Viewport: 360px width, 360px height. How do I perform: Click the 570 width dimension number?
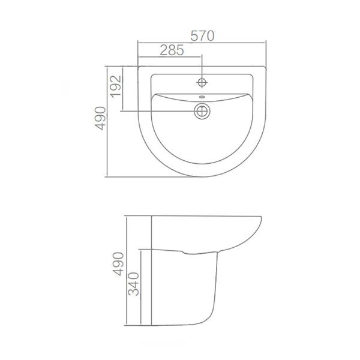pos(203,35)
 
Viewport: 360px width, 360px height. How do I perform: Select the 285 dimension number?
pos(172,51)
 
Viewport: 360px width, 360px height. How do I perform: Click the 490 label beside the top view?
pos(100,118)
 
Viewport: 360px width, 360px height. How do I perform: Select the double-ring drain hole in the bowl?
pos(203,110)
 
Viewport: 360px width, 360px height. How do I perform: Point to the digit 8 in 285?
pos(172,51)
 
